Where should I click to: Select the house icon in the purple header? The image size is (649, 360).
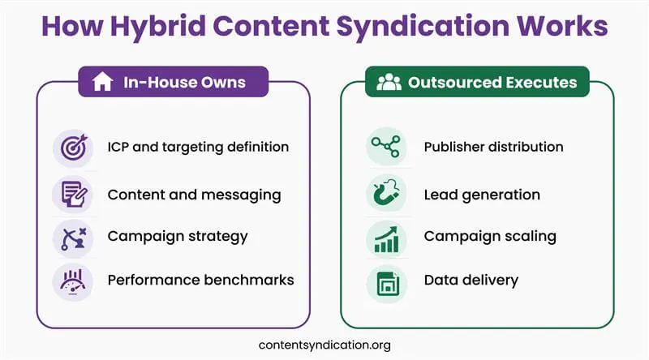102,82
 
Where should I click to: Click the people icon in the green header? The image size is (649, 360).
389,82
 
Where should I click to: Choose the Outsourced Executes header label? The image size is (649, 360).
492,82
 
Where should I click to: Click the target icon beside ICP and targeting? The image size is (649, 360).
71,148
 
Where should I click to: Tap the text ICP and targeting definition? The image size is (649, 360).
198,148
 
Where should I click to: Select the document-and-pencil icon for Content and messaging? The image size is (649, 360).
71,195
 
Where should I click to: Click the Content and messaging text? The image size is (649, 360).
194,195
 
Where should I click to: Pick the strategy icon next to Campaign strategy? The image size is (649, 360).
71,238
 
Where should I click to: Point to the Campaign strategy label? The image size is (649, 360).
177,237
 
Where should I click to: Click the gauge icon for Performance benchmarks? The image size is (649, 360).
71,281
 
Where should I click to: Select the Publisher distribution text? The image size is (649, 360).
493,148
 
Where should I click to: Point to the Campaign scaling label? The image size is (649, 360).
489,237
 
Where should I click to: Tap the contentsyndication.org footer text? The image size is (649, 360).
324,345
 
